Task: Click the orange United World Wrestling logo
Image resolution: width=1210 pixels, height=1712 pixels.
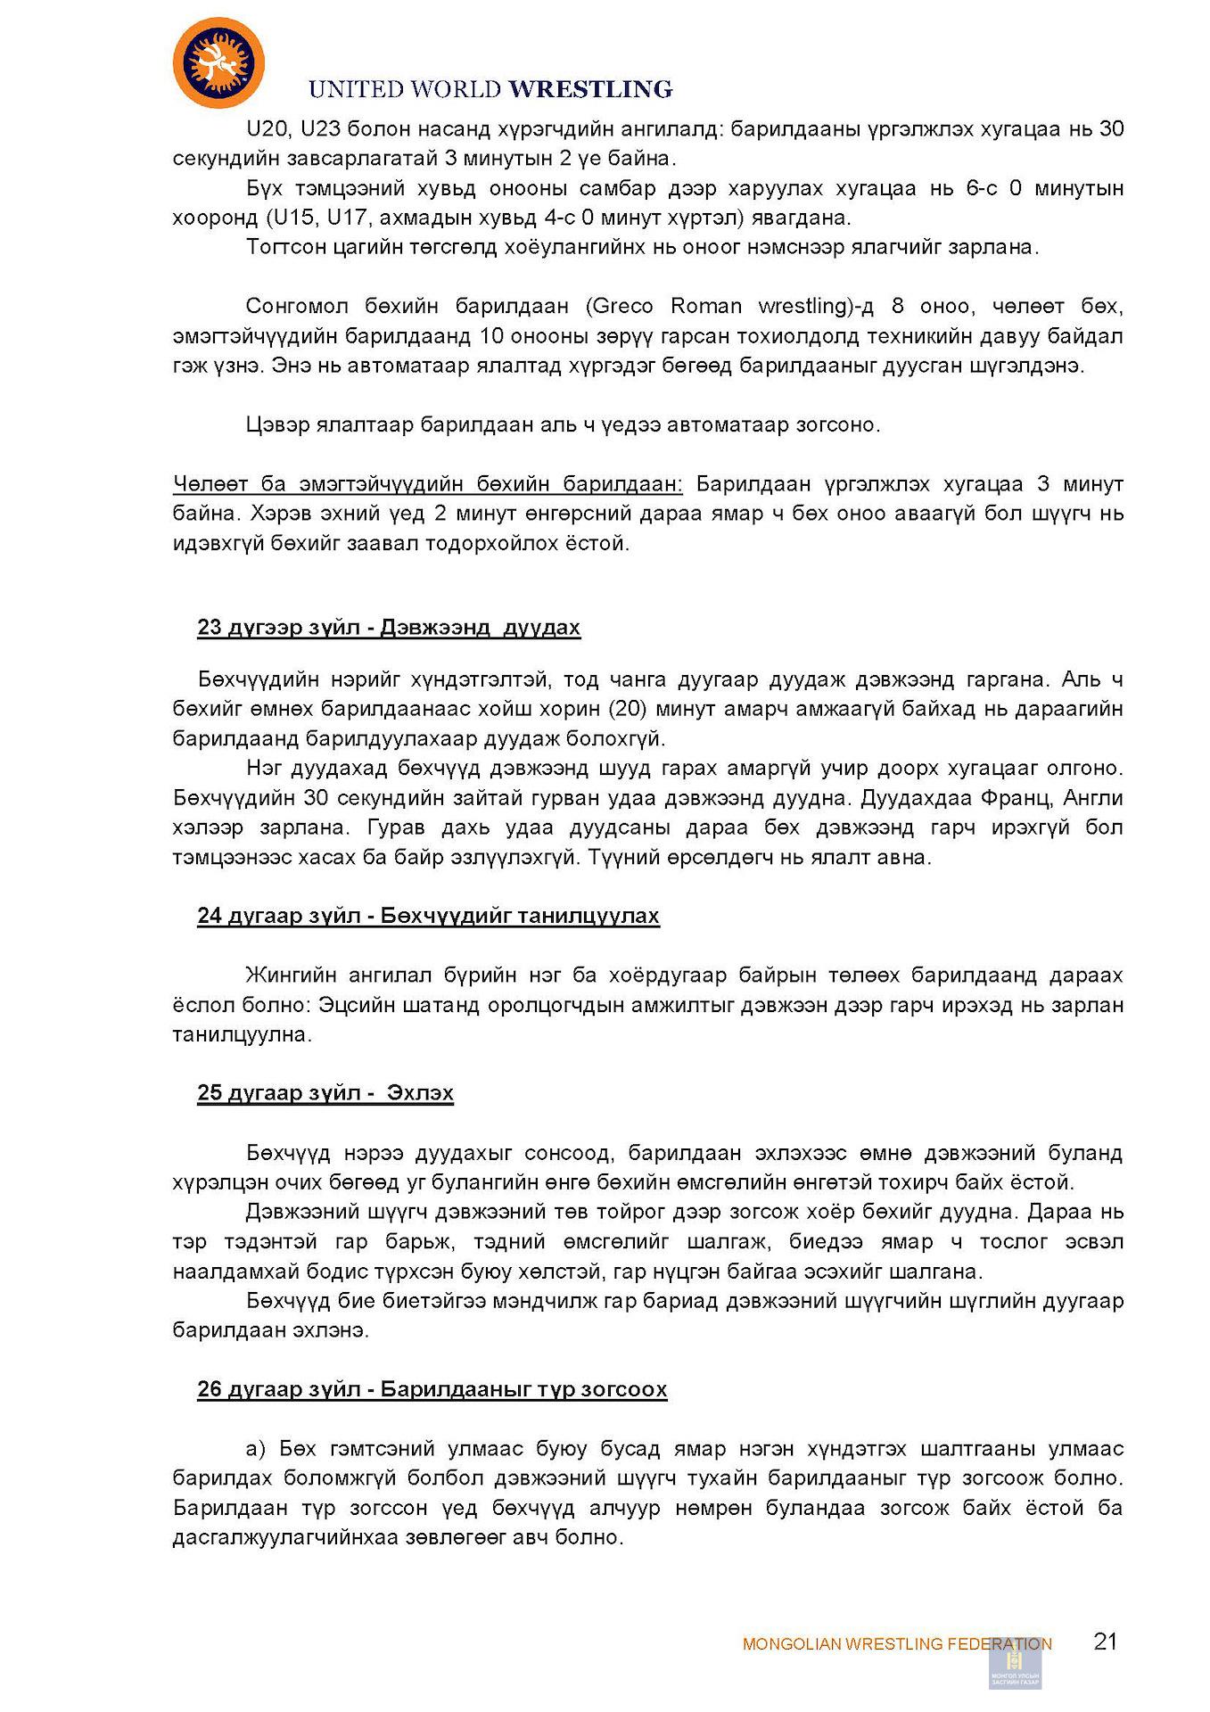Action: [218, 63]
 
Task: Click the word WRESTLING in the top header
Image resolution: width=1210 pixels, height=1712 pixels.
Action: [590, 89]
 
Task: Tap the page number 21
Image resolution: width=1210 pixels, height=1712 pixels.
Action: [1105, 1641]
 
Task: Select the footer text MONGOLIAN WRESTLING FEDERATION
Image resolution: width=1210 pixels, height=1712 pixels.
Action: [896, 1643]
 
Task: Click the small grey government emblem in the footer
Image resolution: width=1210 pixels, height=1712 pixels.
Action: [1015, 1663]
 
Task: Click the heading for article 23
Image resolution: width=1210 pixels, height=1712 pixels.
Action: [389, 627]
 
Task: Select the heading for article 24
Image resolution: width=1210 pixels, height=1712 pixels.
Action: [428, 916]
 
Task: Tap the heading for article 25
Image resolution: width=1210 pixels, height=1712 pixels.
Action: [325, 1092]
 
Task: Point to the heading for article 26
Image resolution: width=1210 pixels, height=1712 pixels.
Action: [432, 1388]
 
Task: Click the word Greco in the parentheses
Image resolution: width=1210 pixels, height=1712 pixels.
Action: [620, 306]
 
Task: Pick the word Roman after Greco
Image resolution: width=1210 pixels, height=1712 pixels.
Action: [705, 306]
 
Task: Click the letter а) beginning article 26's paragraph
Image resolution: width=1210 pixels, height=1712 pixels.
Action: [256, 1448]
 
